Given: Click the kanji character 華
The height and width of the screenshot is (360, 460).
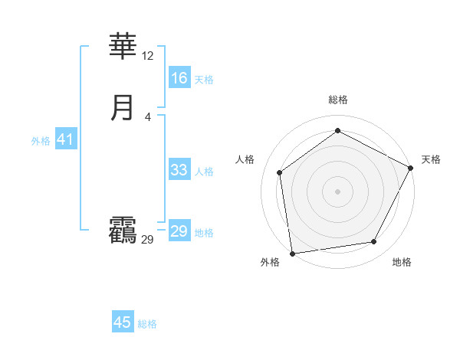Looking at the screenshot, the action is [123, 47].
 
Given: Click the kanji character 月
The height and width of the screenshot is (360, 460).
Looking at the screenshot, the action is [123, 108].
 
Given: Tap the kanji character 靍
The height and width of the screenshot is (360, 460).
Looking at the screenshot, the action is [123, 231].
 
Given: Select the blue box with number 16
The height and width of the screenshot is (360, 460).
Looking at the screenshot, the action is [179, 78].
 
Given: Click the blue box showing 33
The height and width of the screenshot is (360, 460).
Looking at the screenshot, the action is [179, 170].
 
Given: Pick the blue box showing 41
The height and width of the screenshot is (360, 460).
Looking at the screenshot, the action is [65, 139].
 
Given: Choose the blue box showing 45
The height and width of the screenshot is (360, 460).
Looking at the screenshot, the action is [123, 322].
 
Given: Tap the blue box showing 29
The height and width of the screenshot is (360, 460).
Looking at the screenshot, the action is [179, 231].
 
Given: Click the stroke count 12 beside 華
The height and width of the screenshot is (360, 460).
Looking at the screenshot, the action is [148, 56].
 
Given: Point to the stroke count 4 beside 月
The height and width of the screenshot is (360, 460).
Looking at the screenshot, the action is [148, 116].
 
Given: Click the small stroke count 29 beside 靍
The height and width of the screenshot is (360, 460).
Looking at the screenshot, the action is [148, 240].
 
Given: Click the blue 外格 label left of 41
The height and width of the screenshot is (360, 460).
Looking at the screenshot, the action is [41, 141].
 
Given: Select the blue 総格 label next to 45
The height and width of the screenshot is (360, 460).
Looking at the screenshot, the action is [147, 324].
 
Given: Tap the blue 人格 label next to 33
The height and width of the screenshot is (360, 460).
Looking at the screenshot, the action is [204, 172].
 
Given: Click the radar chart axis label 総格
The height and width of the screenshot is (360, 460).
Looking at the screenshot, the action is [338, 100].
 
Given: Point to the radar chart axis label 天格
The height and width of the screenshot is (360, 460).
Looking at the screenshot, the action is [431, 159].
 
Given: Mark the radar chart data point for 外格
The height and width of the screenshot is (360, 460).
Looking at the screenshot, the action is [292, 253].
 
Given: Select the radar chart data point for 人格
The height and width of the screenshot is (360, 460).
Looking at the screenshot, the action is [280, 172].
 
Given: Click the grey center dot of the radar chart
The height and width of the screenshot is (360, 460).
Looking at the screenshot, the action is [337, 191].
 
